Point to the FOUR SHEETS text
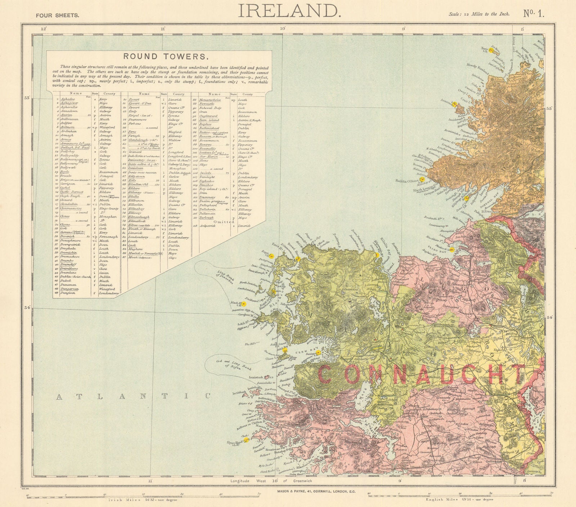click(x=55, y=15)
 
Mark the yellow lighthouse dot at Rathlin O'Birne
click(x=423, y=179)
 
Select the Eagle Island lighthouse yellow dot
click(x=272, y=255)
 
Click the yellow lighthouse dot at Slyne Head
click(x=246, y=440)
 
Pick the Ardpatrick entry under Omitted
click(x=211, y=226)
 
